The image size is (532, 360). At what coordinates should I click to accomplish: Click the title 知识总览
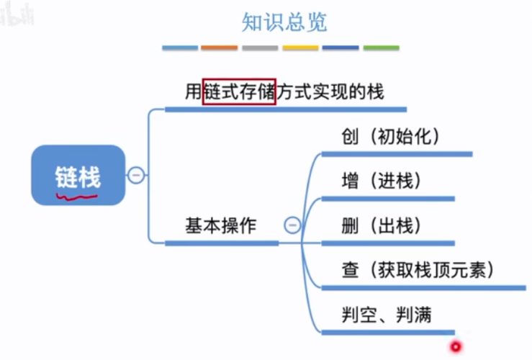(284, 22)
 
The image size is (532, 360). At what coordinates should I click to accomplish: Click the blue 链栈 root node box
(78, 175)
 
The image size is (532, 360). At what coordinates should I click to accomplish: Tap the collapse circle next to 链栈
(136, 175)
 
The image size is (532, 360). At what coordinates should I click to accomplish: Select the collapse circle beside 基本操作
(292, 225)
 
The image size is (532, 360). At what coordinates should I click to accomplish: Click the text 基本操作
(220, 225)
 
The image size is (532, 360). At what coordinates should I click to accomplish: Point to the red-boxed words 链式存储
(240, 91)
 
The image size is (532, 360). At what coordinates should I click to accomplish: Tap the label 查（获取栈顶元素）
(418, 270)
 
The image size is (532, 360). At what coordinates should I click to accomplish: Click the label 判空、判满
(386, 315)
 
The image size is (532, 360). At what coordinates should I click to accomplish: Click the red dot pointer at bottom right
(455, 347)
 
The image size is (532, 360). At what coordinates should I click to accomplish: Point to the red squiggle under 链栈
(77, 194)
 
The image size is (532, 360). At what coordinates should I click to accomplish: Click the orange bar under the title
(219, 48)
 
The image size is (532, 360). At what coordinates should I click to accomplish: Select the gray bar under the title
(260, 48)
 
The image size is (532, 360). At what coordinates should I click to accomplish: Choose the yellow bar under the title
(300, 48)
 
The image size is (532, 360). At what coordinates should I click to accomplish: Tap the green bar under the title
(381, 48)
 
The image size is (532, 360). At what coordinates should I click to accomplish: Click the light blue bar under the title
(179, 48)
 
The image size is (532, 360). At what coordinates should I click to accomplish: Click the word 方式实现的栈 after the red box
(330, 91)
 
